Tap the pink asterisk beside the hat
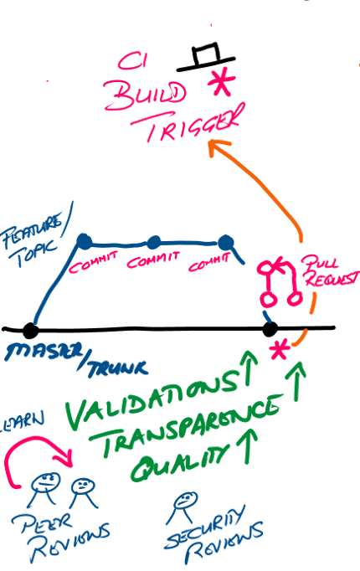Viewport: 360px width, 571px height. coord(221,82)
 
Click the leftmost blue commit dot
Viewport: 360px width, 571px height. coord(84,243)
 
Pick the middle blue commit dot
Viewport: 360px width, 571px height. coord(153,243)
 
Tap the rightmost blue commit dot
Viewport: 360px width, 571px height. coord(224,244)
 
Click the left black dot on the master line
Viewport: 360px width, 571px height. coord(30,329)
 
